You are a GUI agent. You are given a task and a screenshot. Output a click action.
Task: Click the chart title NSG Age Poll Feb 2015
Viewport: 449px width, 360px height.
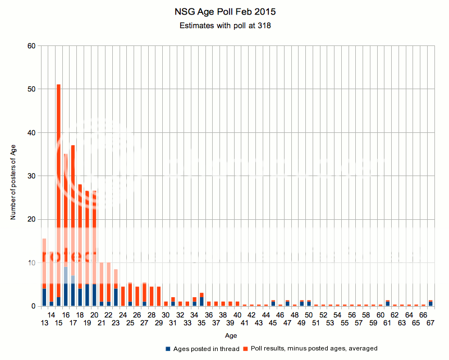tap(224, 11)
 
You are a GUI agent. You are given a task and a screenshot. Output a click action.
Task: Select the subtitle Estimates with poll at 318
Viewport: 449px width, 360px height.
tap(224, 26)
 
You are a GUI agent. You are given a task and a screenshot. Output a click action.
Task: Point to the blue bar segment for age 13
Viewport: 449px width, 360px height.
tap(44, 297)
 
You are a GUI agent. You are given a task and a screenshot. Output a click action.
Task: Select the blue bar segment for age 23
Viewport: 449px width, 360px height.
tap(116, 297)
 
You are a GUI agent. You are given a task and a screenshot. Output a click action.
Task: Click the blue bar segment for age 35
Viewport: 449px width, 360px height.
tap(201, 301)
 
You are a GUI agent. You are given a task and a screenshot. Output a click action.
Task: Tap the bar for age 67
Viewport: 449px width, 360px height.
tap(430, 303)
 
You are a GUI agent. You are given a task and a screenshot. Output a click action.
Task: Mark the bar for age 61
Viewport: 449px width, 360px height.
tap(387, 303)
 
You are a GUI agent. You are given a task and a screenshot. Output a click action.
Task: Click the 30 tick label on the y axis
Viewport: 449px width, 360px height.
tap(32, 176)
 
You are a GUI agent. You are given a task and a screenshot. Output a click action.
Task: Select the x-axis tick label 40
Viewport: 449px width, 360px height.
tap(237, 315)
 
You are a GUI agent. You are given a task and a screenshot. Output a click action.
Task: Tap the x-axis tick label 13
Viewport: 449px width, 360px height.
tap(44, 324)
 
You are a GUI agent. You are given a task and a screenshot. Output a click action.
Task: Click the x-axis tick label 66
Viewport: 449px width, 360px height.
tap(423, 315)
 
